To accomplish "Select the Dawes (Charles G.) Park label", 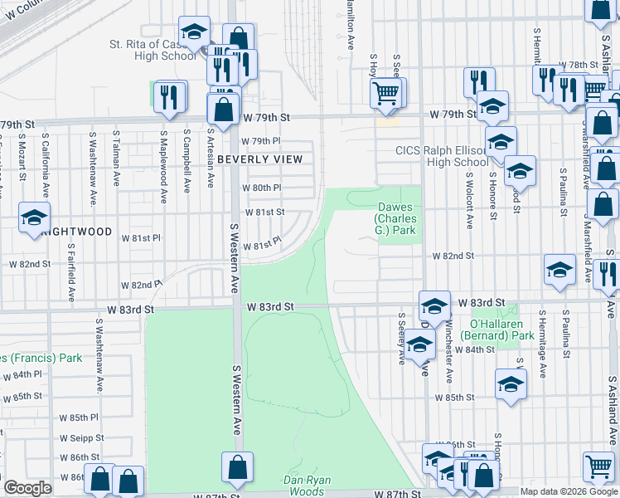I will [x=396, y=218].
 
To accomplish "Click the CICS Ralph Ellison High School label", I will [x=440, y=156].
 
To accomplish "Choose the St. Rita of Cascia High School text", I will [x=153, y=50].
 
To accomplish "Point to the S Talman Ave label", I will [x=117, y=157].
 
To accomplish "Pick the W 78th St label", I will [x=579, y=65].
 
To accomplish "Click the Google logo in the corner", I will [x=27, y=488].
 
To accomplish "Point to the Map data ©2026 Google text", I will [x=569, y=491].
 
